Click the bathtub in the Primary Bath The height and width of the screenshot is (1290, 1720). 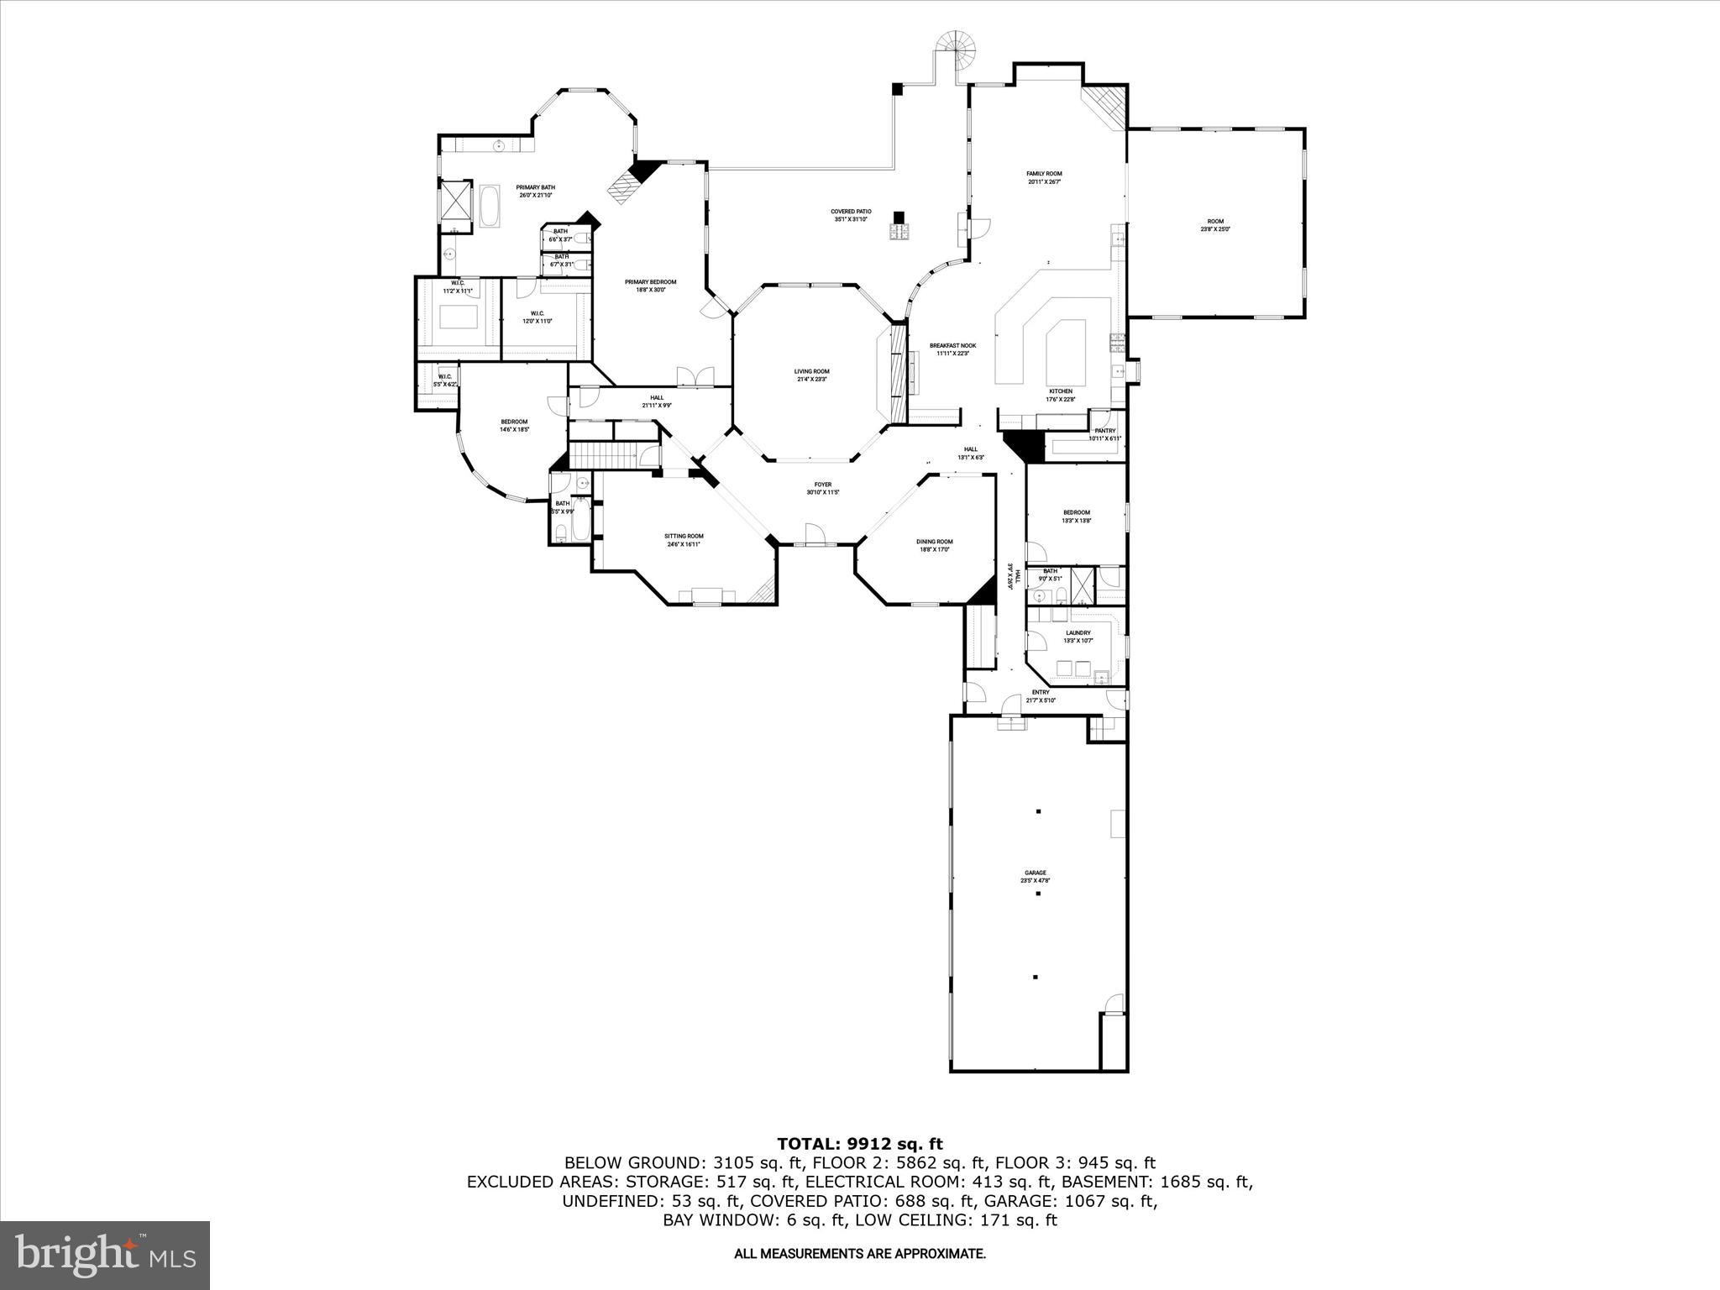click(490, 207)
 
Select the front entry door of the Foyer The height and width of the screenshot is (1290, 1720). click(813, 535)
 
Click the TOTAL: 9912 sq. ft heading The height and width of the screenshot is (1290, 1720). click(859, 1144)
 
